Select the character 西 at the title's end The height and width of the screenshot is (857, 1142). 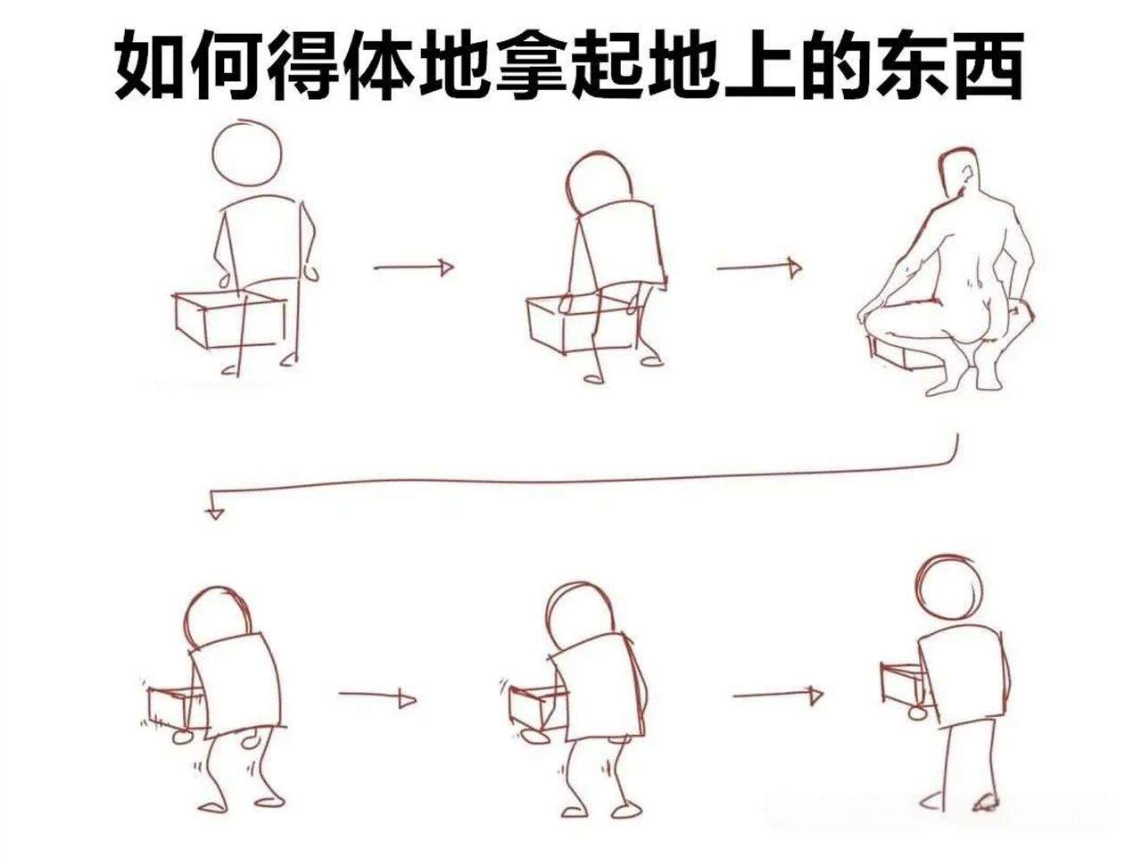984,65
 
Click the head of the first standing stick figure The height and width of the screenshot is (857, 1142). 247,152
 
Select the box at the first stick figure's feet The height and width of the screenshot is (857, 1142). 230,318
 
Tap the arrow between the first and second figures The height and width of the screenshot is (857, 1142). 414,268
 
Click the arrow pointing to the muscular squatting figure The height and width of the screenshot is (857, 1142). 759,268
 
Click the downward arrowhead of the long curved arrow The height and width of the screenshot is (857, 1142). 215,513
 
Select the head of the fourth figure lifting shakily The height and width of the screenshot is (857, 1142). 217,619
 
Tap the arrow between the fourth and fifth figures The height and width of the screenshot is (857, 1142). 377,696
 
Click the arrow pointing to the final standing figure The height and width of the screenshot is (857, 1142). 778,695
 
